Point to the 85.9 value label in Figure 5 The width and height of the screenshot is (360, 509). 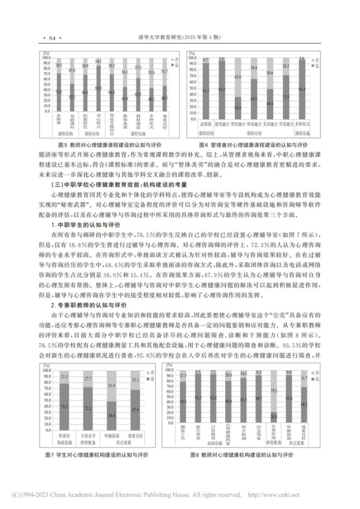98,88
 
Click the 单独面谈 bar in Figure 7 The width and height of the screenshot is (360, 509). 113,408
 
